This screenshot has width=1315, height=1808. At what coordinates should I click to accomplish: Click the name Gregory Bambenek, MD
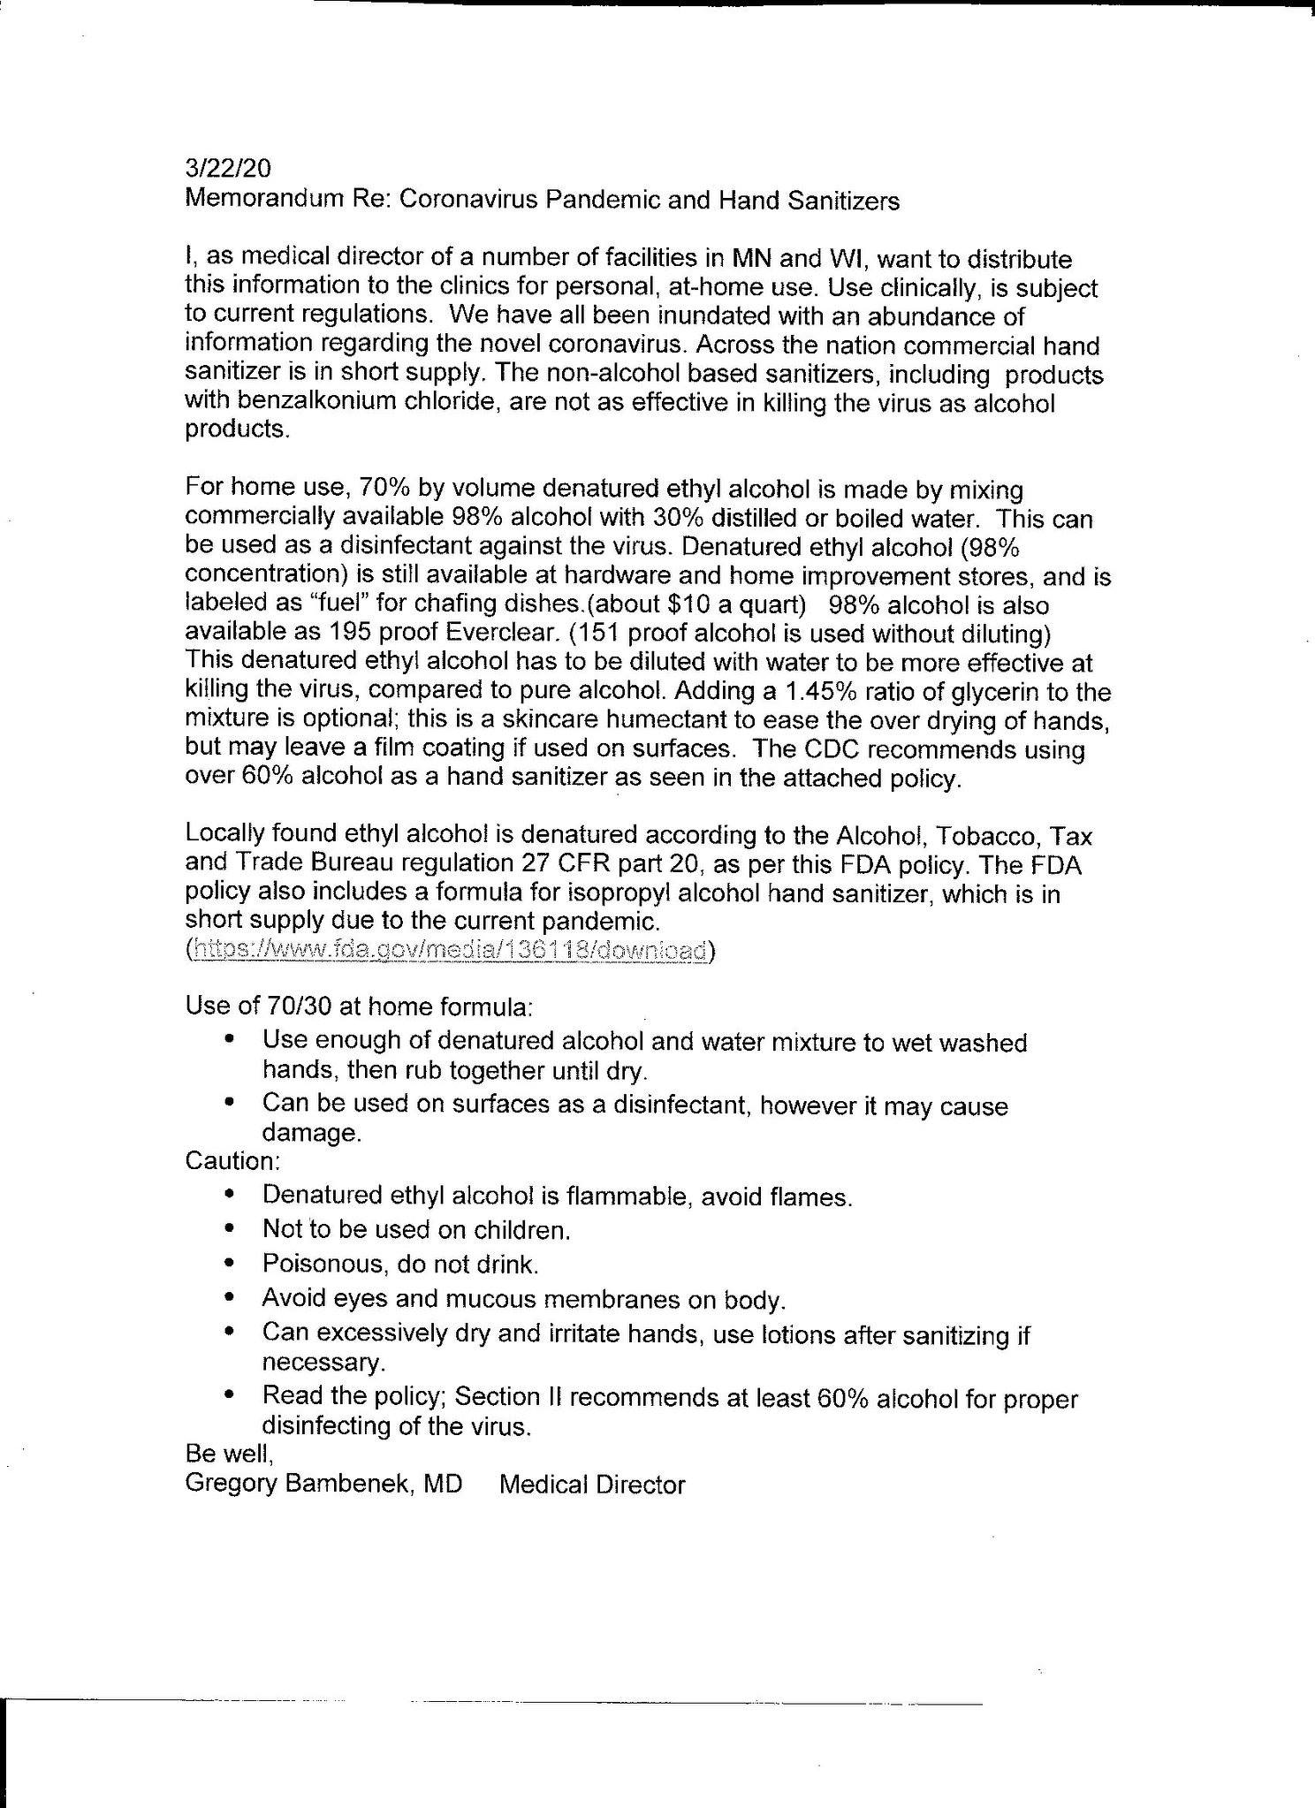tap(323, 1484)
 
